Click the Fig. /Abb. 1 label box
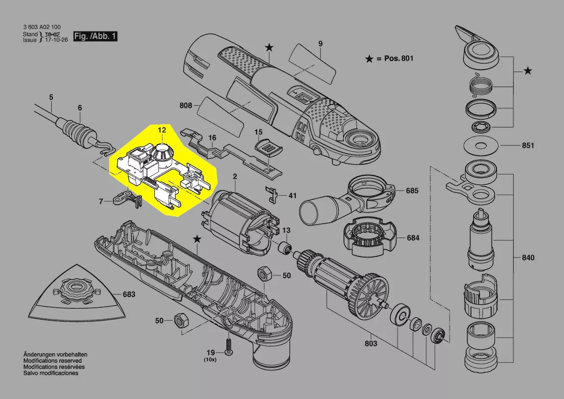[x=95, y=36]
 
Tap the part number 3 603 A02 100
[x=42, y=27]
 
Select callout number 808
[x=186, y=105]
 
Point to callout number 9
[x=320, y=44]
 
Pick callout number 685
[x=412, y=191]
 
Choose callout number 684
[x=413, y=238]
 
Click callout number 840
[x=528, y=258]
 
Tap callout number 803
[x=370, y=343]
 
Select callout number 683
[x=129, y=294]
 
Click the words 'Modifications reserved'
[x=53, y=361]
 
